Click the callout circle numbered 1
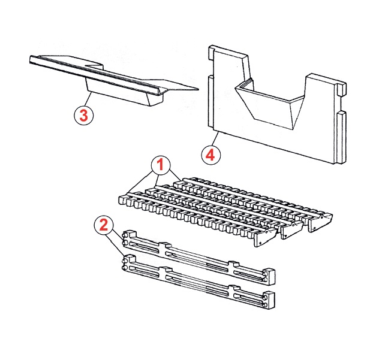pyautogui.click(x=161, y=165)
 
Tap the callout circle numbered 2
pyautogui.click(x=104, y=225)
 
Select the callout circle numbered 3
pyautogui.click(x=83, y=115)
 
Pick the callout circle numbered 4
pyautogui.click(x=211, y=155)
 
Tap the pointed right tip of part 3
pyautogui.click(x=198, y=89)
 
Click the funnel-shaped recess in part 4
pyautogui.click(x=270, y=105)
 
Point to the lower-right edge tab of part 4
pyautogui.click(x=342, y=137)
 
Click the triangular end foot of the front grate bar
pyautogui.click(x=265, y=237)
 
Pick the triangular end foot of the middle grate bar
pyautogui.click(x=292, y=230)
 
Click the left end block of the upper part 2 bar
pyautogui.click(x=129, y=239)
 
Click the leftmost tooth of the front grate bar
pyautogui.click(x=123, y=200)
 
